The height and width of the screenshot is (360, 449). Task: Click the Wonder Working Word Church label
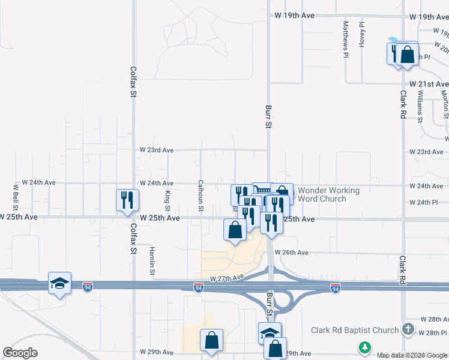click(328, 194)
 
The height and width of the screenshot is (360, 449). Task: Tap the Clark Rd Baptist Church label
click(355, 330)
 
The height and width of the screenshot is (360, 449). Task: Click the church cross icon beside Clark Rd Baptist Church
click(408, 329)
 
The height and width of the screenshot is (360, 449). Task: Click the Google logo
click(19, 353)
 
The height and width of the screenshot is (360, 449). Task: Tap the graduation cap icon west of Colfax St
click(59, 283)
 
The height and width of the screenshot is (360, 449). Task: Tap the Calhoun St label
click(201, 196)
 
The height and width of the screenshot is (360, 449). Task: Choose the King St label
click(167, 196)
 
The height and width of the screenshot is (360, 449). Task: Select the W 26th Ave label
click(292, 253)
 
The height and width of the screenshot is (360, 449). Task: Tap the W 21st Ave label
click(429, 84)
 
